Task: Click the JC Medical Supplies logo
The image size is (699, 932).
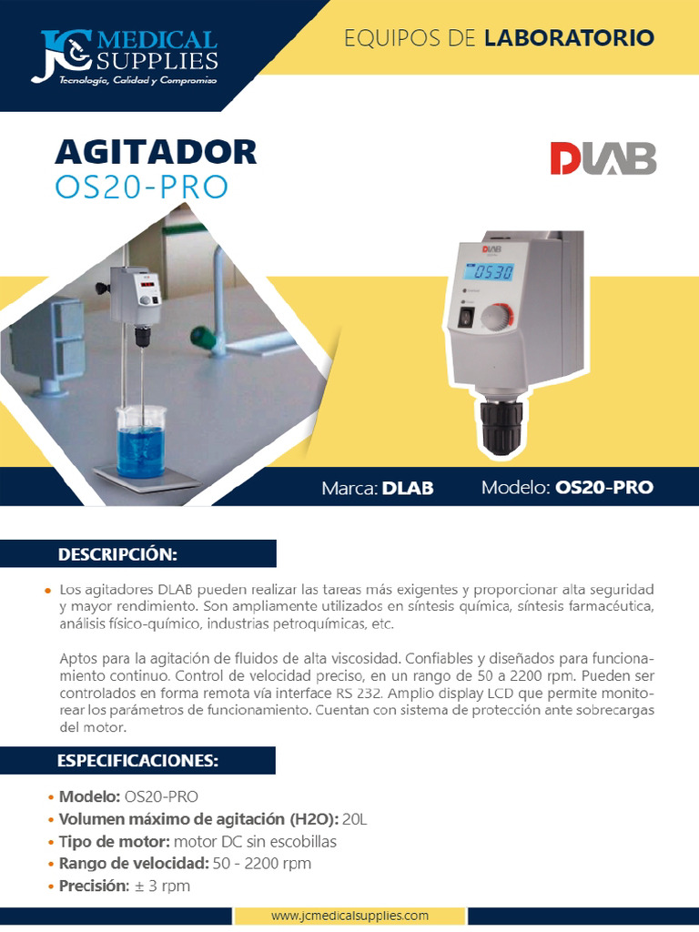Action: click(x=126, y=56)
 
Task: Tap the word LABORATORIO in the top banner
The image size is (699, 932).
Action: click(x=569, y=38)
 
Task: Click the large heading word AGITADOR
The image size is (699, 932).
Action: click(x=156, y=152)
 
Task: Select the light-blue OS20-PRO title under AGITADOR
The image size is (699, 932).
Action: click(x=141, y=186)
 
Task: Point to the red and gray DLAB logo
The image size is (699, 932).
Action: click(x=603, y=158)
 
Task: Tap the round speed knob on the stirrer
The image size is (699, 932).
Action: click(x=497, y=316)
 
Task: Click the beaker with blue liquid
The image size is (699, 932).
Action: click(x=141, y=441)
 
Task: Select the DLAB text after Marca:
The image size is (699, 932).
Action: click(x=408, y=488)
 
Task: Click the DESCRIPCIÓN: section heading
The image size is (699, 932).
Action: click(x=117, y=553)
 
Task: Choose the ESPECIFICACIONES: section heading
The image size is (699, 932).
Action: click(x=137, y=760)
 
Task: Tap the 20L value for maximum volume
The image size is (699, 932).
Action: click(x=355, y=819)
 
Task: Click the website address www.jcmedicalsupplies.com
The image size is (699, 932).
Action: click(x=349, y=916)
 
